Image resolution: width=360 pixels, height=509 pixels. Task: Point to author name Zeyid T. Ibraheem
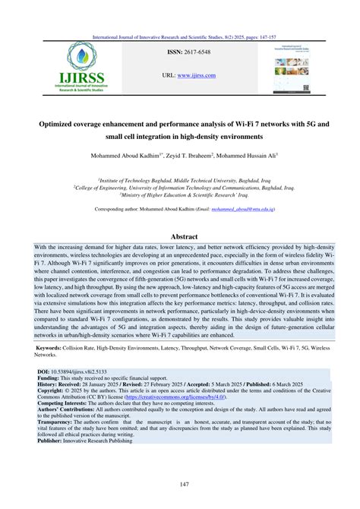[198, 154]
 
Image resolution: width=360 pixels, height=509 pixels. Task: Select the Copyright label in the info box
[51, 391]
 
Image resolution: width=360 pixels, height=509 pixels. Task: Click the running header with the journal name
[180, 36]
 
